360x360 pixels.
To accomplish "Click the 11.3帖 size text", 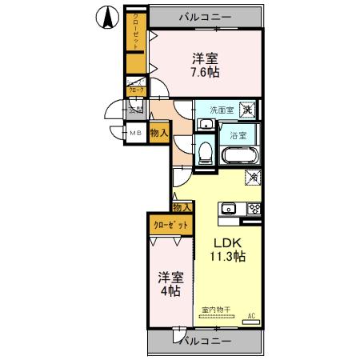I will (227, 257).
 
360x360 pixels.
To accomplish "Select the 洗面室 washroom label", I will (222, 110).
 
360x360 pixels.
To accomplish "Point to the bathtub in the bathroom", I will (239, 154).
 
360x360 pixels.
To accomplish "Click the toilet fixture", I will (205, 151).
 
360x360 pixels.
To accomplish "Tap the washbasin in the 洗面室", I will (205, 124).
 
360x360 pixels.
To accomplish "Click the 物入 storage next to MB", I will (158, 134).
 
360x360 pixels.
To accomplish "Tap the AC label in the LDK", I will (251, 315).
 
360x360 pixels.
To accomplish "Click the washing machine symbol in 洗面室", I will (249, 110).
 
